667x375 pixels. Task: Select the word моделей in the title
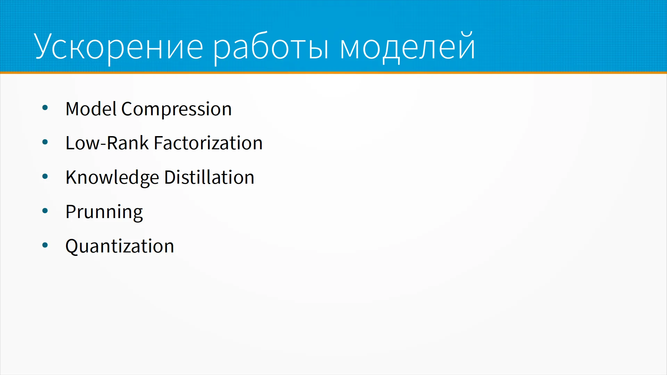(407, 47)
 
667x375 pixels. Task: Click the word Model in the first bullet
(91, 109)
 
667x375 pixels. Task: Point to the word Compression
(176, 110)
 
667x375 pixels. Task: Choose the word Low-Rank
(107, 143)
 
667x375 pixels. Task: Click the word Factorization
(208, 143)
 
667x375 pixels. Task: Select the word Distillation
(209, 177)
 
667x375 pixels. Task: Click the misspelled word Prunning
(104, 212)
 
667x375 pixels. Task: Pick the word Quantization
(120, 246)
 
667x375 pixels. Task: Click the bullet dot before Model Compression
(45, 108)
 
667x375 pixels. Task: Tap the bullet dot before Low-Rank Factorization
(45, 142)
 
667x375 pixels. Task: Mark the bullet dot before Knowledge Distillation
(45, 176)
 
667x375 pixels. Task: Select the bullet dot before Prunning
(45, 211)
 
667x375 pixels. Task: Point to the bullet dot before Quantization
(45, 245)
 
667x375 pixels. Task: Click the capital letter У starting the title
(45, 46)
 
